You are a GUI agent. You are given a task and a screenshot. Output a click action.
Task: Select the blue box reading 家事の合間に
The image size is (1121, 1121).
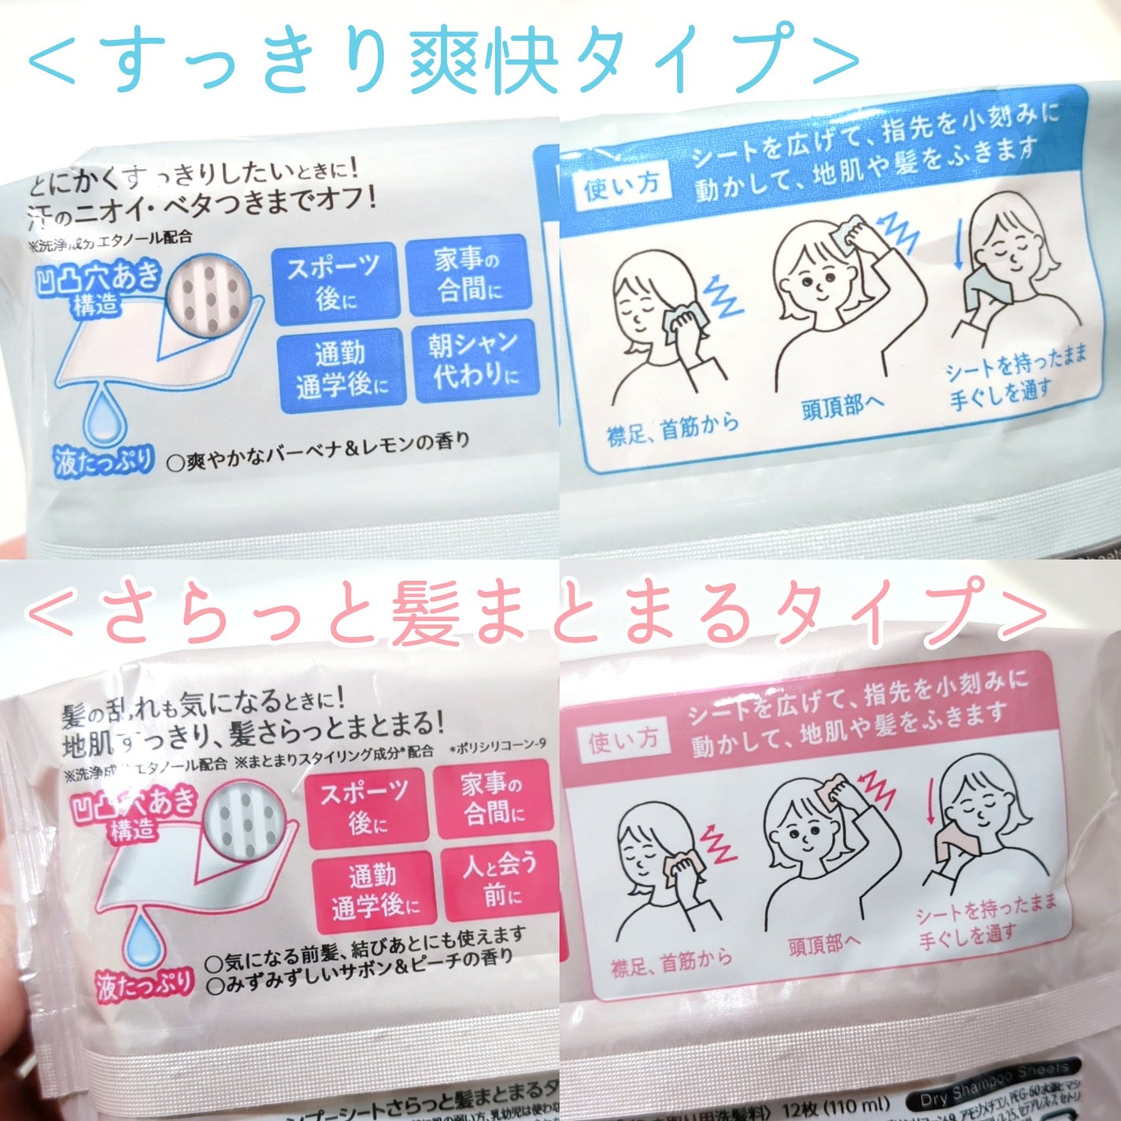(x=468, y=274)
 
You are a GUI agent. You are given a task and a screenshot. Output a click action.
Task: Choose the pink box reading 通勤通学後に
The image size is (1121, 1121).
(x=373, y=891)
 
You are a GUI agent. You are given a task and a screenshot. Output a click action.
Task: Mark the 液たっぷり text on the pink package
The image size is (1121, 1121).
(x=144, y=984)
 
